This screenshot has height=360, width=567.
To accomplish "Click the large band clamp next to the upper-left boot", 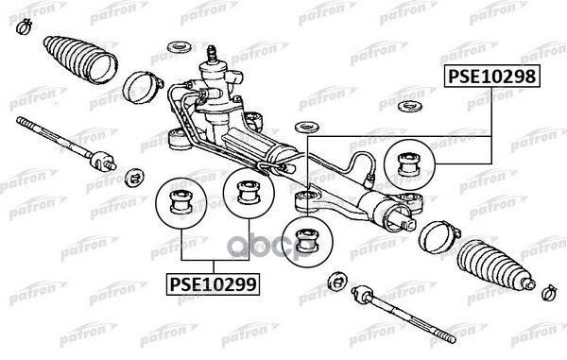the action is (140, 88).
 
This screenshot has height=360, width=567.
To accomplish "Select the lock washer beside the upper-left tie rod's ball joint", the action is (133, 175).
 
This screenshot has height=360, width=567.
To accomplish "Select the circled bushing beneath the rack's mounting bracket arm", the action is (305, 233).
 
